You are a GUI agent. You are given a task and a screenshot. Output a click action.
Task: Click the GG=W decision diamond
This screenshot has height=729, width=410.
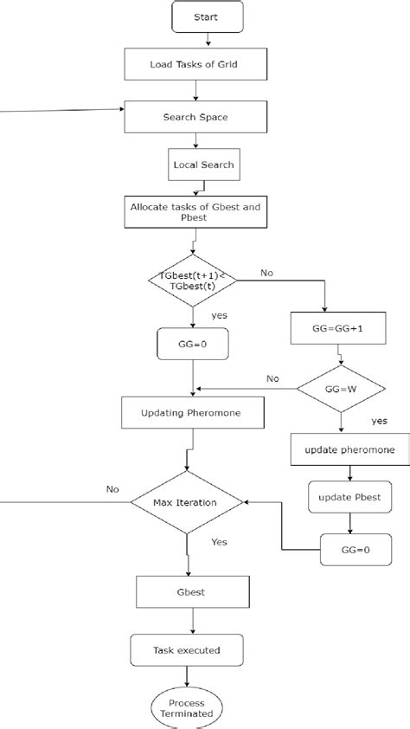[342, 390]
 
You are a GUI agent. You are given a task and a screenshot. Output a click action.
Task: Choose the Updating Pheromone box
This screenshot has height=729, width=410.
[191, 413]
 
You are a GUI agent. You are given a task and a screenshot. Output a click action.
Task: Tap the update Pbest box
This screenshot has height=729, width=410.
[349, 497]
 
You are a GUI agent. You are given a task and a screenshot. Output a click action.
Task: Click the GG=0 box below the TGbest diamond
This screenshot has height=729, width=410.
[191, 344]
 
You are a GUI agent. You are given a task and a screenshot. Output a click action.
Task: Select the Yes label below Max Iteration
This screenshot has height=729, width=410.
[220, 542]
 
